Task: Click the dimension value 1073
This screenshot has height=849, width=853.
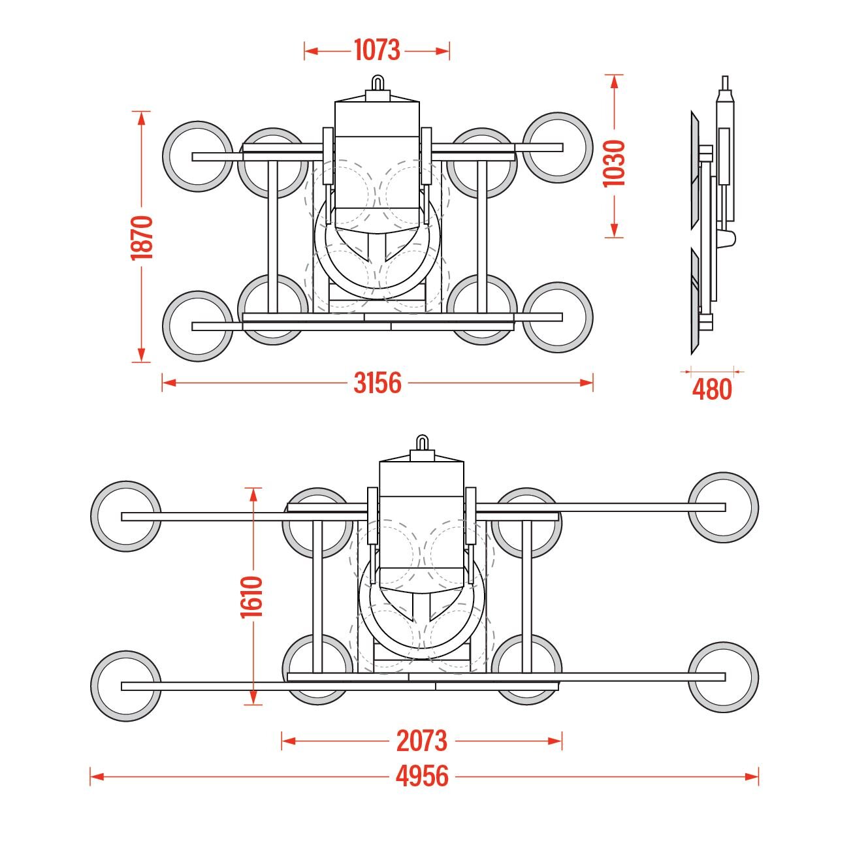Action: pos(377,50)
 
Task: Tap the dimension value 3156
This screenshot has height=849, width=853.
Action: pos(378,383)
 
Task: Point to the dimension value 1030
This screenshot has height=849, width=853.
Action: pos(614,163)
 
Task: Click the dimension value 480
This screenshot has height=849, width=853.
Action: pos(712,390)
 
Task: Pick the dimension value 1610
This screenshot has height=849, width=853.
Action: pos(252,596)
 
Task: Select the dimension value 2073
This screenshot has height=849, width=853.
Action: pos(422,741)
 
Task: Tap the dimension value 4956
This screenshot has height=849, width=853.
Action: pos(422,777)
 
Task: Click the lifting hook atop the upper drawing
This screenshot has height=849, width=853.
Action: pos(378,84)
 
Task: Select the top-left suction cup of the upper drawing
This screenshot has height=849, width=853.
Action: pos(198,156)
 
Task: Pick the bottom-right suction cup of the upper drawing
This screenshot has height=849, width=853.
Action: pos(558,317)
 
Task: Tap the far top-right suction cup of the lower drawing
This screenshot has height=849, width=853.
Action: pos(723,507)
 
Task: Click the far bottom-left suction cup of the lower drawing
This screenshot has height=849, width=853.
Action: pos(126,686)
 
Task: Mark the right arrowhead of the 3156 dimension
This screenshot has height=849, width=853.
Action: pos(587,383)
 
